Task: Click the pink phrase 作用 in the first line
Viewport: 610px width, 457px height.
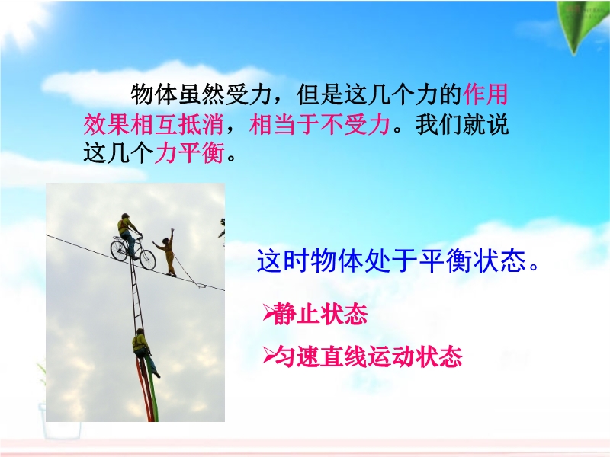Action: (x=486, y=94)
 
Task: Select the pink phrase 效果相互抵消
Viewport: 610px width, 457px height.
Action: (x=154, y=124)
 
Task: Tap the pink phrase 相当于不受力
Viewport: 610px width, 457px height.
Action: (x=319, y=124)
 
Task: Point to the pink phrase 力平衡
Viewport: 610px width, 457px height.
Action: (x=190, y=153)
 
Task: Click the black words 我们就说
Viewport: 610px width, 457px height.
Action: (x=462, y=124)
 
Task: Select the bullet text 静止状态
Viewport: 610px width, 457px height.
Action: (x=320, y=314)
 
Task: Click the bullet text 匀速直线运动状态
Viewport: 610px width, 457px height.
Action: (x=368, y=356)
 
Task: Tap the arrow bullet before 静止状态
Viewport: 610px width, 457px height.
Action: (x=268, y=313)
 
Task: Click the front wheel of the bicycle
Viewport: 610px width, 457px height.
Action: (x=147, y=260)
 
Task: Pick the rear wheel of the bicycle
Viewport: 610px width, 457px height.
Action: (x=119, y=251)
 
